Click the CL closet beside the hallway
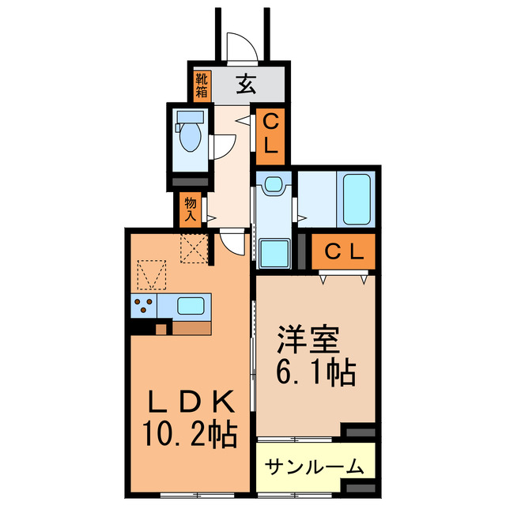tap(270, 137)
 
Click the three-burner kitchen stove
tap(145, 306)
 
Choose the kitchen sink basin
tap(192, 306)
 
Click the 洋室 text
tap(307, 341)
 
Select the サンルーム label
tap(314, 466)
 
